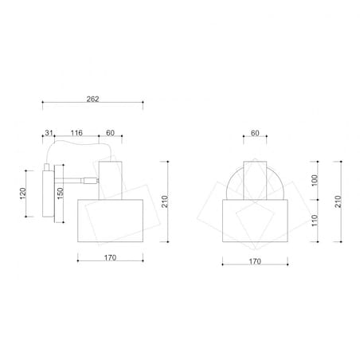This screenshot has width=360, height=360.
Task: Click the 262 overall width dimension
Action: [x=92, y=99]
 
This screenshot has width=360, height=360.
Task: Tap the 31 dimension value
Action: [x=49, y=133]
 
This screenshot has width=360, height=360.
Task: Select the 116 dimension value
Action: [x=76, y=133]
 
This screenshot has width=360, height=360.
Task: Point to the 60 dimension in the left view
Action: [x=110, y=133]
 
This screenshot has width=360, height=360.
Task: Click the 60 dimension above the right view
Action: [x=255, y=133]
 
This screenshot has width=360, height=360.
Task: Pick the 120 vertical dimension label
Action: [x=23, y=194]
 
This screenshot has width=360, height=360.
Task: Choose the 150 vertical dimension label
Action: [x=61, y=194]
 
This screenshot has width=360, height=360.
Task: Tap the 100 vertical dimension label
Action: [x=315, y=180]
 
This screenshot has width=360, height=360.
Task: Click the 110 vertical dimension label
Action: [x=315, y=221]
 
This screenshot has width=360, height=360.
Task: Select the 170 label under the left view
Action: [x=110, y=257]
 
